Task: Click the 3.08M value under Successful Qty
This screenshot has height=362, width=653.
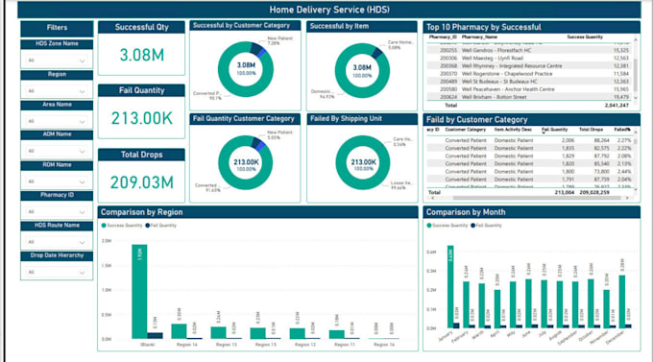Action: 142,55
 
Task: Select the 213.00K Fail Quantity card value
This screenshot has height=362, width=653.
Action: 142,118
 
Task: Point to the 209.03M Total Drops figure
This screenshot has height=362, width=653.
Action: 142,181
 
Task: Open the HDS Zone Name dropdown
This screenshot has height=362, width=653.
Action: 56,60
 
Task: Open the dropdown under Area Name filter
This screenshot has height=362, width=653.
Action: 56,122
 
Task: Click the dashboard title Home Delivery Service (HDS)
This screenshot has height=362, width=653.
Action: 329,9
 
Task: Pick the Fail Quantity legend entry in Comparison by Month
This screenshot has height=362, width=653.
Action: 489,224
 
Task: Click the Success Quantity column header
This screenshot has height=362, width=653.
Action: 586,36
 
